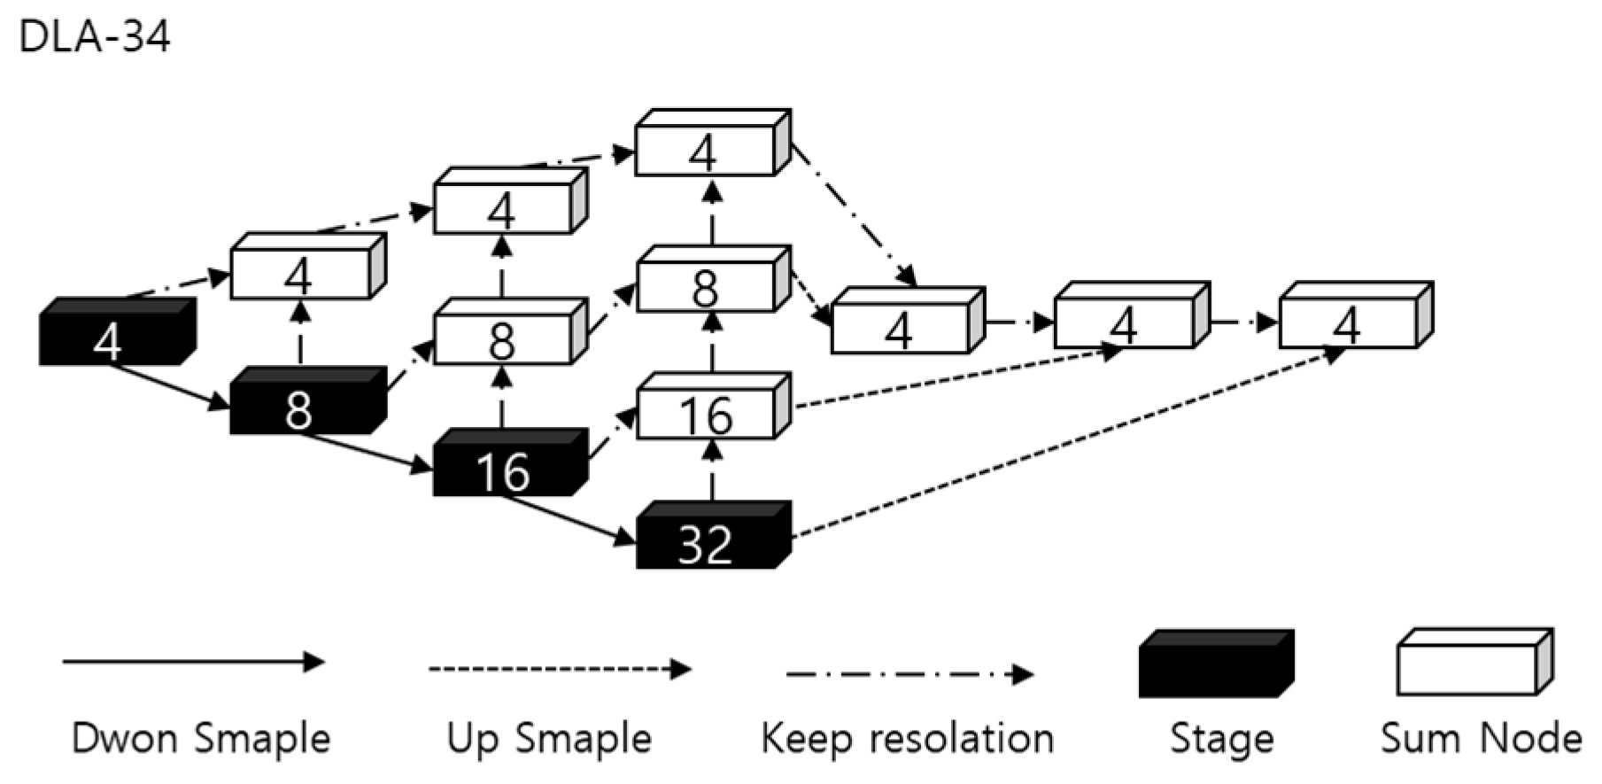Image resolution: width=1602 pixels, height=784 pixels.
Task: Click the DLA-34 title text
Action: (x=94, y=38)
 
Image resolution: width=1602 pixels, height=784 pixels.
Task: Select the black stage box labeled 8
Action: (x=306, y=404)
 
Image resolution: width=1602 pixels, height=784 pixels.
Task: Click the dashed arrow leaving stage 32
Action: (x=1063, y=443)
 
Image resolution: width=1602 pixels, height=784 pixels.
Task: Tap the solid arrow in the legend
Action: (x=193, y=662)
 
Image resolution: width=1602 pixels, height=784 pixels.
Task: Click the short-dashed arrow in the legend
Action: (x=558, y=669)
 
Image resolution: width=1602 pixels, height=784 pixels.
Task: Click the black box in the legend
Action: (x=1215, y=664)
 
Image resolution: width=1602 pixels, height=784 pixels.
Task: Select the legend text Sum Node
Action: (x=1480, y=739)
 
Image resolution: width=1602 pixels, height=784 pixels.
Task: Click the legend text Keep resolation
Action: (x=907, y=739)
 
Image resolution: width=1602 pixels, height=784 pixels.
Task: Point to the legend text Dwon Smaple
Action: (x=201, y=739)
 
